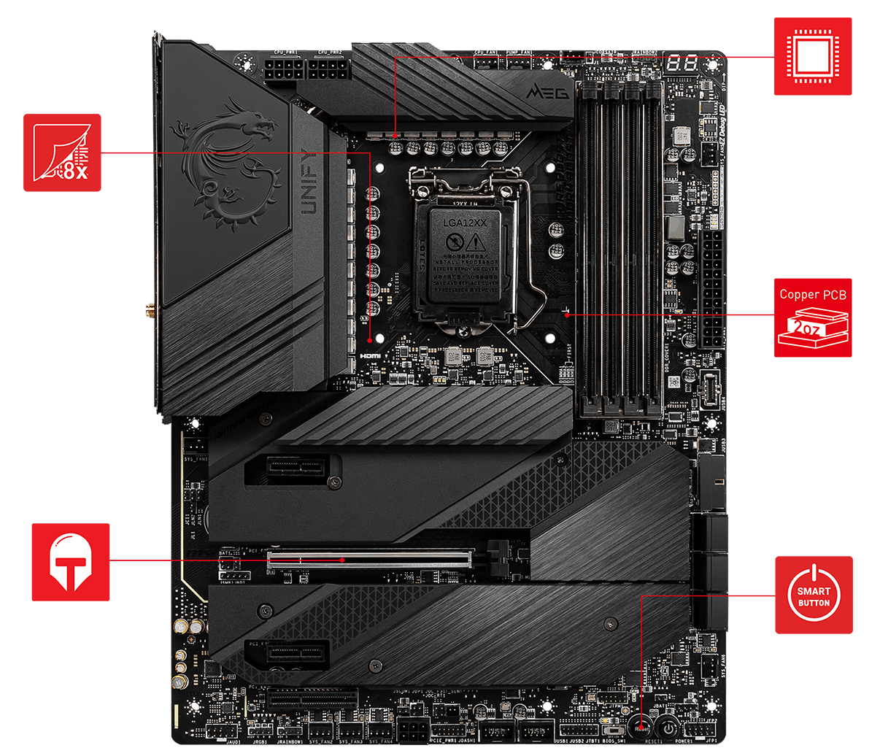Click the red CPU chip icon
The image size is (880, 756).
pyautogui.click(x=812, y=56)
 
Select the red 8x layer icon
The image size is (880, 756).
pyautogui.click(x=62, y=153)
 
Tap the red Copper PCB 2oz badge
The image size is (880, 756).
pyautogui.click(x=812, y=317)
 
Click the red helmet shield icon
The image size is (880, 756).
pyautogui.click(x=71, y=562)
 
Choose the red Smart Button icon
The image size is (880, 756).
pyautogui.click(x=813, y=595)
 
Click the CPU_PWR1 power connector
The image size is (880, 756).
pyautogui.click(x=285, y=73)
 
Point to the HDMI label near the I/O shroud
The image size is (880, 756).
pyautogui.click(x=370, y=355)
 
